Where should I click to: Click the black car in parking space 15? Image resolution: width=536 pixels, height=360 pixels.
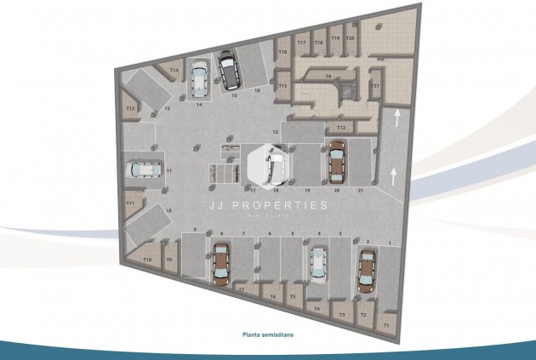tap(228, 71)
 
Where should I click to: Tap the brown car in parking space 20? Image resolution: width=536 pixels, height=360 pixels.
tap(336, 162)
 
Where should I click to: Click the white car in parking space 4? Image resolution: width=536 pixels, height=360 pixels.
tap(318, 263)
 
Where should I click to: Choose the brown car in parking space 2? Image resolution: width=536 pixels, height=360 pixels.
tap(367, 271)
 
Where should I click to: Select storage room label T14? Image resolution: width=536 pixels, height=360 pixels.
tap(174, 70)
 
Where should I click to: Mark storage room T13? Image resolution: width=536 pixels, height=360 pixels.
tap(130, 109)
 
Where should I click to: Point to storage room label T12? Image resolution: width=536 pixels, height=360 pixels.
tap(340, 127)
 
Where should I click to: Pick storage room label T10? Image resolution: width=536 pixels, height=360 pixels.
tap(147, 259)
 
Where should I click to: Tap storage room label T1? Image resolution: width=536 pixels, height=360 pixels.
tap(385, 324)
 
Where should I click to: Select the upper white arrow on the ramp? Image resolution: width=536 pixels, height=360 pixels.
tap(396, 118)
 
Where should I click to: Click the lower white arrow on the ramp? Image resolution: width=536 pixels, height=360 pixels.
tap(393, 176)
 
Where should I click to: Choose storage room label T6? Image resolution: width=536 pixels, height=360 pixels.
tap(272, 295)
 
